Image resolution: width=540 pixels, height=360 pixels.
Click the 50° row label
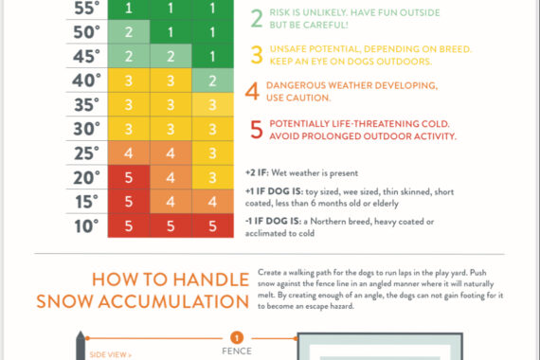[x=86, y=32]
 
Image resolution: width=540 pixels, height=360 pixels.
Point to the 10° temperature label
[x=86, y=226]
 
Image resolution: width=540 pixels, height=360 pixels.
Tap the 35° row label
[x=86, y=105]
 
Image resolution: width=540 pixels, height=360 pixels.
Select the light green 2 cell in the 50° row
[x=129, y=31]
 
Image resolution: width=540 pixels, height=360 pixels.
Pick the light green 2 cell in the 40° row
[x=212, y=81]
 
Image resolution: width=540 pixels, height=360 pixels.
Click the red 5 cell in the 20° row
[x=129, y=177]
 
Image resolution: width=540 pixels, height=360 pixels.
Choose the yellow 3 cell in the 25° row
[x=212, y=153]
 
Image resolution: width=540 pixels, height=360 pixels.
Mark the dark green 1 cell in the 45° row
[x=212, y=56]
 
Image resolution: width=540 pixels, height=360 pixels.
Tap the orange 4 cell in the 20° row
[x=171, y=177]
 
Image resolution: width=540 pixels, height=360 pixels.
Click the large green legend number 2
[x=257, y=19]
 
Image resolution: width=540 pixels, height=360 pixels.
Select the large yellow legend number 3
[x=257, y=55]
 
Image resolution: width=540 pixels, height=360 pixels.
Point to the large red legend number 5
[x=257, y=130]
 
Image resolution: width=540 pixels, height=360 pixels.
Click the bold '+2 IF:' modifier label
[x=257, y=172]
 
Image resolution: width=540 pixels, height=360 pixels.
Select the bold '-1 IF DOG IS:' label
[x=273, y=221]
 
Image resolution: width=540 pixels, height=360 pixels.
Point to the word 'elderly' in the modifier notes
[x=386, y=204]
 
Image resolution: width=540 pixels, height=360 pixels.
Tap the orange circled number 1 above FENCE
[x=237, y=337]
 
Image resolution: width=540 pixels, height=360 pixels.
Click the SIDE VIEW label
[x=111, y=354]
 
